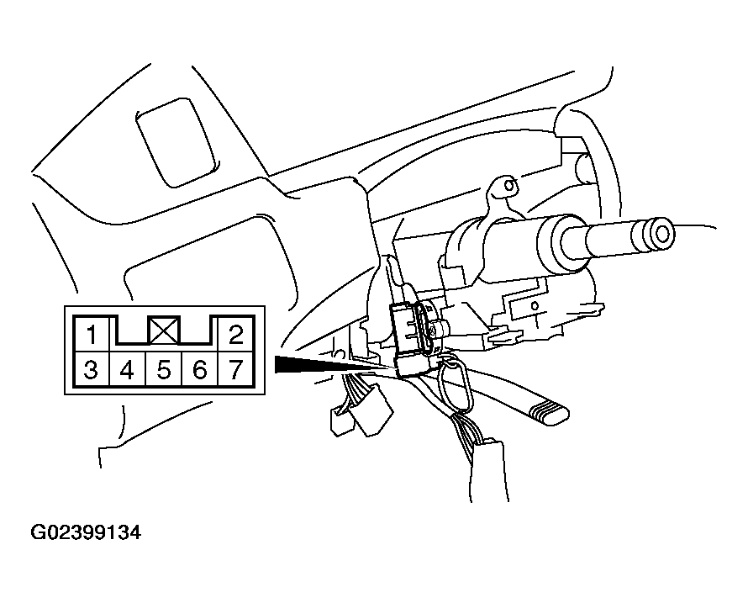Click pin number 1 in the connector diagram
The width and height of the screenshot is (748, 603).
pyautogui.click(x=92, y=334)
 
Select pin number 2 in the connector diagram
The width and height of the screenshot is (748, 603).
pyautogui.click(x=235, y=334)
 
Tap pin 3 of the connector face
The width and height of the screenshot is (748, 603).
pyautogui.click(x=91, y=369)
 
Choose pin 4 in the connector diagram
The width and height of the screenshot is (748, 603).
pyautogui.click(x=127, y=369)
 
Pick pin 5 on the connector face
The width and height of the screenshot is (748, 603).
pyautogui.click(x=164, y=369)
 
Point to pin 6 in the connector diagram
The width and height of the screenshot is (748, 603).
pyautogui.click(x=199, y=369)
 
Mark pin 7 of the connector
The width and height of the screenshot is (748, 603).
pyautogui.click(x=235, y=369)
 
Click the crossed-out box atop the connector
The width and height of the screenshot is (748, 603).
pyautogui.click(x=164, y=330)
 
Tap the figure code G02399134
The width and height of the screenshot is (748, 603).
pyautogui.click(x=86, y=532)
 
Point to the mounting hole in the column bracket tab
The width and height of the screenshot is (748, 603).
pyautogui.click(x=509, y=185)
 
